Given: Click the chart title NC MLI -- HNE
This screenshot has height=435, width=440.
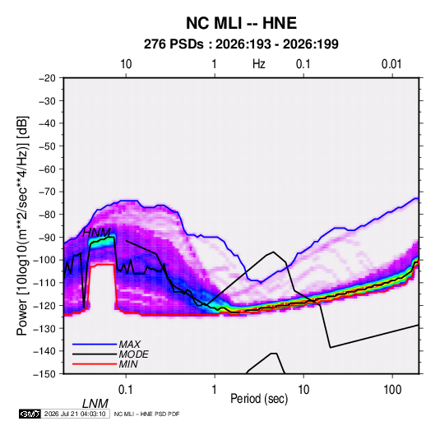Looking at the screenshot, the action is [x=241, y=23].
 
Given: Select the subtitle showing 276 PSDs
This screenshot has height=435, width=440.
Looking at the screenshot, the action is [x=241, y=44].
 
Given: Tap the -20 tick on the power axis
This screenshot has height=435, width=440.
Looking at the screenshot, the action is [x=47, y=78].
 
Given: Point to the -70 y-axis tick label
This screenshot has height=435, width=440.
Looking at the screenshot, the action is [x=47, y=192].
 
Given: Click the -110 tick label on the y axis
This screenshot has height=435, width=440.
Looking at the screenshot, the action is [x=44, y=283].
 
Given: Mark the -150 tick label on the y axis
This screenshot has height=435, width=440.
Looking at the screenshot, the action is [x=44, y=374].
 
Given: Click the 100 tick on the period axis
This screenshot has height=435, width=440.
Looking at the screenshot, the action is [x=392, y=390].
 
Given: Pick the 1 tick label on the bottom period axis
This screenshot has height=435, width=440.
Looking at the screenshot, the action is [x=215, y=390].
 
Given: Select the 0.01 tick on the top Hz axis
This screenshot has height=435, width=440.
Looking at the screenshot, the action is [x=391, y=64].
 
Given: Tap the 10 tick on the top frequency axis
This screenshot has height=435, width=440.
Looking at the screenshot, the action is [x=126, y=64].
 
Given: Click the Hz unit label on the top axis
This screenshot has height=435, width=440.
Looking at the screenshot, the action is [x=259, y=64].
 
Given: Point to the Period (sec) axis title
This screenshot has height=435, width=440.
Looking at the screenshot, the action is [x=259, y=399].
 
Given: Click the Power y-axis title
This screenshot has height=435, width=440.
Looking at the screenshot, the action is [x=22, y=225].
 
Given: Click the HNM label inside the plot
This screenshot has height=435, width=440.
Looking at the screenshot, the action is [x=96, y=233].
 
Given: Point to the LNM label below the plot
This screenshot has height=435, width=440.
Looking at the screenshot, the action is [x=95, y=404].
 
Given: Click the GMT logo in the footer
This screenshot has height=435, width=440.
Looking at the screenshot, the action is [x=30, y=414].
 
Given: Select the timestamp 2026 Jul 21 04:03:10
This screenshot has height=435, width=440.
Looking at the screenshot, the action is [x=75, y=414].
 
